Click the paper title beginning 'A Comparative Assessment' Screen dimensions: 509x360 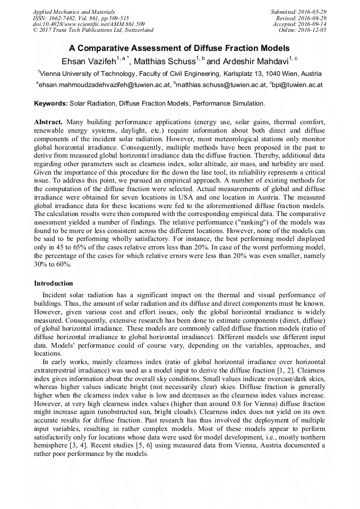pyautogui.click(x=179, y=48)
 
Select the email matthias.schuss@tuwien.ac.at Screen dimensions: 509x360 pyautogui.click(x=219, y=84)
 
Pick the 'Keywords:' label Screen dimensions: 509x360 pyautogui.click(x=51, y=103)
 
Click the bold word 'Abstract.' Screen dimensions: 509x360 pyautogui.click(x=48, y=122)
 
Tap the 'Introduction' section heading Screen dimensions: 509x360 pyautogui.click(x=54, y=283)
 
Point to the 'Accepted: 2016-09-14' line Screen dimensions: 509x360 pyautogui.click(x=299, y=24)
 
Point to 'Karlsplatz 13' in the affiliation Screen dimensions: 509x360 pyautogui.click(x=246, y=73)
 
